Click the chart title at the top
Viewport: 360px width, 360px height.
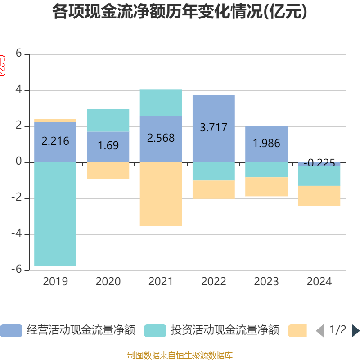[x=180, y=12]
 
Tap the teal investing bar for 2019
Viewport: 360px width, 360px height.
[x=55, y=214]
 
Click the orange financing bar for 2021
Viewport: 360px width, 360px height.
[x=161, y=194]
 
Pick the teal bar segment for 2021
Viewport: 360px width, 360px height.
[x=161, y=103]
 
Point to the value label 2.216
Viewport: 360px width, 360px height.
[x=55, y=141]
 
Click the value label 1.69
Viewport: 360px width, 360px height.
[x=108, y=145]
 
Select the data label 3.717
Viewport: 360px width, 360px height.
[x=214, y=127]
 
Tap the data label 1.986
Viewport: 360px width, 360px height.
[x=266, y=144]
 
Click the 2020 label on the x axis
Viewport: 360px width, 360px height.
[x=108, y=282]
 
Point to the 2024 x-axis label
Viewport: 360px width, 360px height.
[x=319, y=282]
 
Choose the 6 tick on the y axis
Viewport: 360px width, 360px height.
[x=18, y=54]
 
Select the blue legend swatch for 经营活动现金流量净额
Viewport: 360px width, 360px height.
[x=11, y=331]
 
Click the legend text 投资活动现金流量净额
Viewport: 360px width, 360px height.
[x=225, y=331]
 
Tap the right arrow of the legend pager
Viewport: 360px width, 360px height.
[x=355, y=331]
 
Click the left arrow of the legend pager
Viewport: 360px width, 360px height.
[x=320, y=331]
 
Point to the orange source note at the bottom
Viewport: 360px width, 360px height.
[x=180, y=355]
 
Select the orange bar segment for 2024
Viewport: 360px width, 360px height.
[x=319, y=196]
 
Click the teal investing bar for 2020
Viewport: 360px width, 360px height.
[x=108, y=120]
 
